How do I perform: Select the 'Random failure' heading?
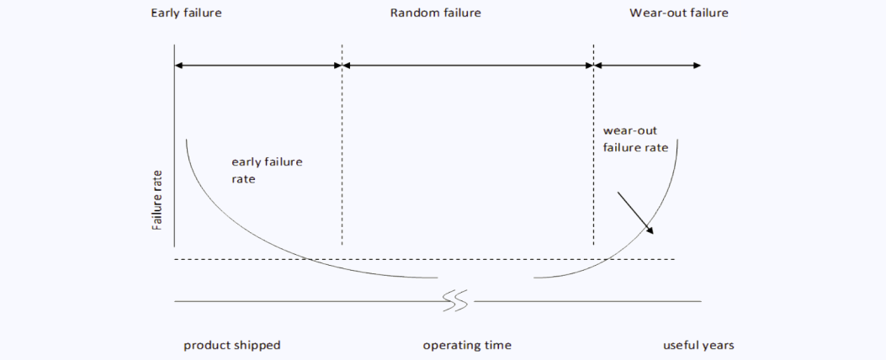435,13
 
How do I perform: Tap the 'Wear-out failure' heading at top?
678,13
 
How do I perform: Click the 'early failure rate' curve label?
267,170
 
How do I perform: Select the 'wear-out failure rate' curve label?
635,139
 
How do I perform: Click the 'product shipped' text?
232,345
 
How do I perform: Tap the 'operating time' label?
467,345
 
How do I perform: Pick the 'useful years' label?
698,345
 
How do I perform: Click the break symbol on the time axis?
455,300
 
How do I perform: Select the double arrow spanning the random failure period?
468,65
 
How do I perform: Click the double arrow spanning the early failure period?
257,65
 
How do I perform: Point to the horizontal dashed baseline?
421,259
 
